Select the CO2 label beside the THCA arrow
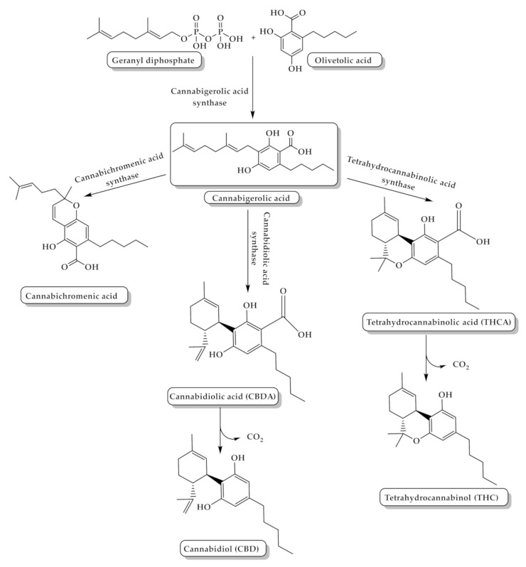[461, 364]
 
